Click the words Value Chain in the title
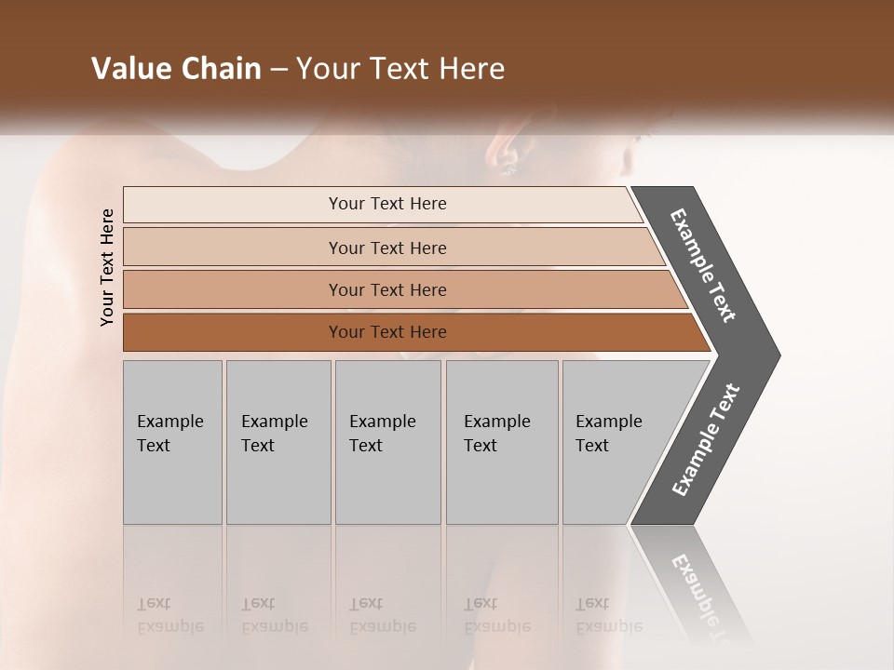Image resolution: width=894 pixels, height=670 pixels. pyautogui.click(x=176, y=69)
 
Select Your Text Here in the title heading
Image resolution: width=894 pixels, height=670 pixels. pyautogui.click(x=400, y=69)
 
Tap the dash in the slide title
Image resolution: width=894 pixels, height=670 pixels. pyautogui.click(x=278, y=70)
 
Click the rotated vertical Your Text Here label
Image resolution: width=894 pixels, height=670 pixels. pyautogui.click(x=107, y=267)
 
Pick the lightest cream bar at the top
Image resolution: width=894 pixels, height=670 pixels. pyautogui.click(x=386, y=204)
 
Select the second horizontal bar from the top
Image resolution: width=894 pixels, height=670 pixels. pyautogui.click(x=386, y=248)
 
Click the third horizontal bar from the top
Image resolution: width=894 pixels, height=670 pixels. pyautogui.click(x=386, y=289)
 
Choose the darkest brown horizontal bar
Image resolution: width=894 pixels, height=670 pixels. pyautogui.click(x=386, y=332)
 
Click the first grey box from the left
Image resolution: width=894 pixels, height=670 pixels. pyautogui.click(x=172, y=442)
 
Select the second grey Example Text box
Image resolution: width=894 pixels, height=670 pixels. pyautogui.click(x=278, y=442)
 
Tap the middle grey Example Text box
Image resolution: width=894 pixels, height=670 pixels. pyautogui.click(x=387, y=442)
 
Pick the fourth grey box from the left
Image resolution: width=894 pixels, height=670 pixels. pyautogui.click(x=501, y=442)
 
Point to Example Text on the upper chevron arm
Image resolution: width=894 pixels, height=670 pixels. pyautogui.click(x=703, y=265)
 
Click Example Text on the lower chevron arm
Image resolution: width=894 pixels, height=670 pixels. pyautogui.click(x=706, y=439)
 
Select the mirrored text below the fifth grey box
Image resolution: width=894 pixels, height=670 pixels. pyautogui.click(x=607, y=616)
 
